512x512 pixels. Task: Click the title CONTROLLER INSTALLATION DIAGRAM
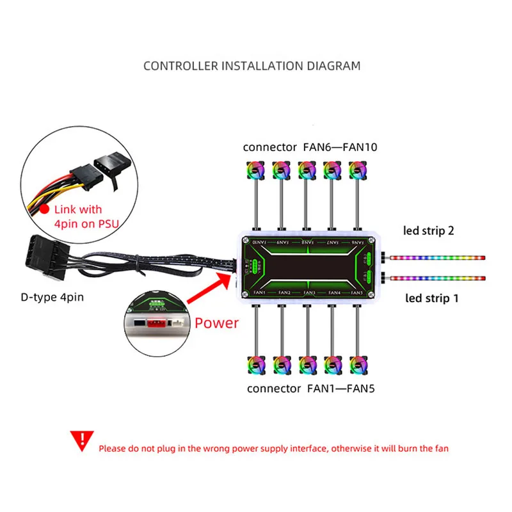pos(252,65)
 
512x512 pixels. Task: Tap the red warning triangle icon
pos(81,440)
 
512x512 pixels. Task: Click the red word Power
pos(216,323)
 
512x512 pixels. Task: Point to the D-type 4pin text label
pos(51,297)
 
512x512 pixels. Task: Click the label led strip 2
pos(428,230)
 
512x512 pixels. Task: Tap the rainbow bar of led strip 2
pos(438,258)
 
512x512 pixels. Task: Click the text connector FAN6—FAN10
pos(310,147)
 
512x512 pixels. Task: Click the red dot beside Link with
pos(44,209)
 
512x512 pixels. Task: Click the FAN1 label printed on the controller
pos(259,292)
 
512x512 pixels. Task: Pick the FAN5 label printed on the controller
pos(357,292)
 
